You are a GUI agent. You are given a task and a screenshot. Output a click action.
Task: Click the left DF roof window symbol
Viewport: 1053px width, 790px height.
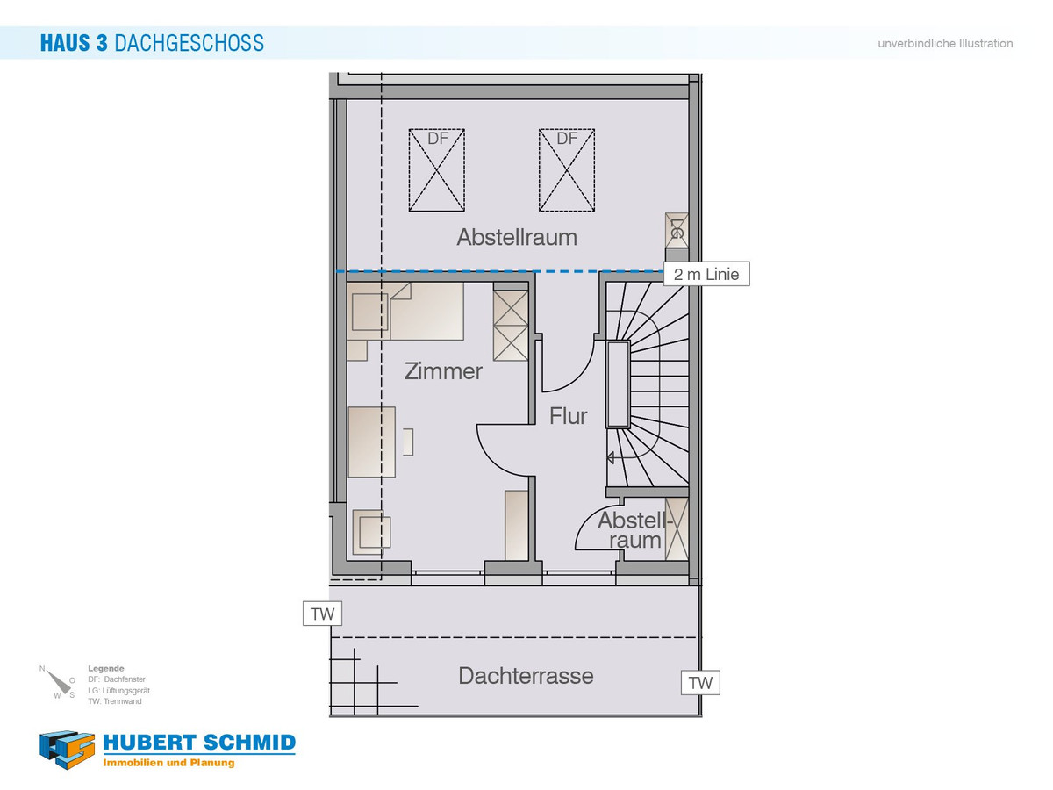tap(436, 169)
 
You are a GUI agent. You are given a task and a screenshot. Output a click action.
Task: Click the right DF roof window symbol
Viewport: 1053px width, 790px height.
tap(567, 169)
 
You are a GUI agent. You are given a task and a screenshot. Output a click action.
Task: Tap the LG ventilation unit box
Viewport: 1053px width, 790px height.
tap(677, 230)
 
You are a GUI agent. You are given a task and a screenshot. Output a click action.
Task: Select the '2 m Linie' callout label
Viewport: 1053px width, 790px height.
tap(706, 274)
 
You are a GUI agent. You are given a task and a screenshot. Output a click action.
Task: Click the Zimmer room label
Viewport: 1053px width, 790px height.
tap(443, 371)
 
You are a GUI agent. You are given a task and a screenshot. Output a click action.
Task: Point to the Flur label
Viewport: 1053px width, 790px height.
tap(568, 416)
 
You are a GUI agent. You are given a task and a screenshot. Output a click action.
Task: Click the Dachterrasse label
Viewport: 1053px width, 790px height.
tap(526, 676)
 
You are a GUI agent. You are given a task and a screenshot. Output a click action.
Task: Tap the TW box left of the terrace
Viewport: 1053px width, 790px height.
tap(322, 614)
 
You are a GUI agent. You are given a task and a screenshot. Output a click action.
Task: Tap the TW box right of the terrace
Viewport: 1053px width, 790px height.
tap(700, 683)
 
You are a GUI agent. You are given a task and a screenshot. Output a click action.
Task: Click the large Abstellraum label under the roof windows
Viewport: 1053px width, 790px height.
tap(517, 237)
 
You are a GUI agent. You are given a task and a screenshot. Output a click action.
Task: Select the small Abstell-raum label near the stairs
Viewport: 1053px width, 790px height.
tap(634, 530)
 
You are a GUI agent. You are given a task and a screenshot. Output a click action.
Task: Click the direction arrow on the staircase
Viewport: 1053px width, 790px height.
tap(611, 457)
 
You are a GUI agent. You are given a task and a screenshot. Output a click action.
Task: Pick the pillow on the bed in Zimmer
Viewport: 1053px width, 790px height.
tap(370, 312)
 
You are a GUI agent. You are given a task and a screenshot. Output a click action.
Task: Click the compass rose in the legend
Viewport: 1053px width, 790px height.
tap(59, 682)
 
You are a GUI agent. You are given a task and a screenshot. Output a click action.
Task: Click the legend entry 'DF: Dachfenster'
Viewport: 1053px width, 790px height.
tap(117, 679)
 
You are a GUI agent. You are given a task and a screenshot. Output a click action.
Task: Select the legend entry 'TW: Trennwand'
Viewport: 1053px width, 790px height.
tap(115, 701)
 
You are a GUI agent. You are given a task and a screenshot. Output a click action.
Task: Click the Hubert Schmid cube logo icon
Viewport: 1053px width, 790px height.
tap(67, 750)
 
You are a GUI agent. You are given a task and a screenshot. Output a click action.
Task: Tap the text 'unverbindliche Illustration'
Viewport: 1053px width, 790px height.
tap(945, 44)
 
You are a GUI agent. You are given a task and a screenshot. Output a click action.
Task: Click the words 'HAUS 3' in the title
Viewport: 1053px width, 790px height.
tap(74, 43)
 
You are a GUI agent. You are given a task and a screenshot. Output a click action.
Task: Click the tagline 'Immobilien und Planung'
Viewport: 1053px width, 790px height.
tap(168, 763)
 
